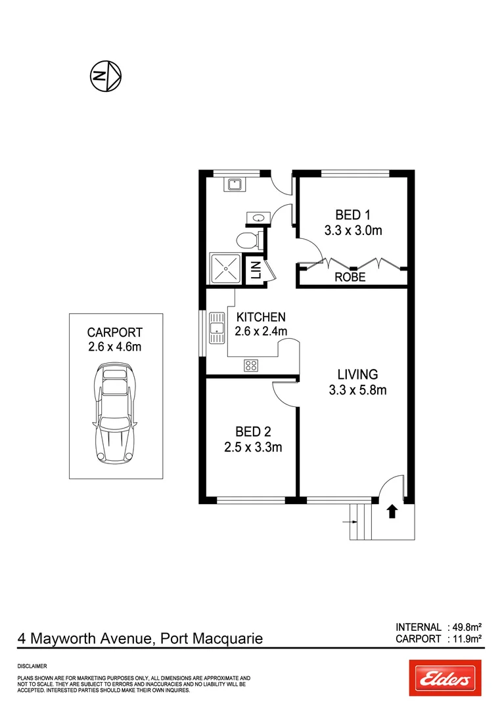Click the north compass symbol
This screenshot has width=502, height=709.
pos(105,76)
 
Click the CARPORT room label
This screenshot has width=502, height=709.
pos(115,333)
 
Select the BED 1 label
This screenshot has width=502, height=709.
pos(353,215)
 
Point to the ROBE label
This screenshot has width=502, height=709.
pos(350,278)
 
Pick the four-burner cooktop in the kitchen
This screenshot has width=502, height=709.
pos(251,366)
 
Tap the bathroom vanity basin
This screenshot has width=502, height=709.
pos(256,217)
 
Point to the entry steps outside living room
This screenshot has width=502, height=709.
pos(361,523)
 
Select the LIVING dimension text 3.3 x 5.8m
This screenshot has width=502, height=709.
pos(357,391)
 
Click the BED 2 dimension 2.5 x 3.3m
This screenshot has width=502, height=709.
pos(253,448)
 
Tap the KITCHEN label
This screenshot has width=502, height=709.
pos(261,316)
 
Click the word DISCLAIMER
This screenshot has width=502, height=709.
pos(32,666)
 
